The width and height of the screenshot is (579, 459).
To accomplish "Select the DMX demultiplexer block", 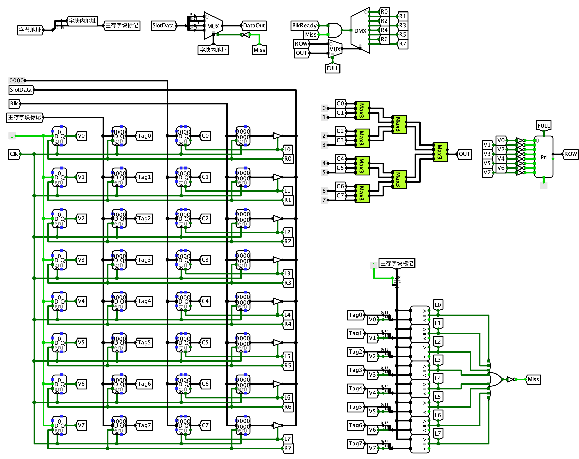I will [360, 30].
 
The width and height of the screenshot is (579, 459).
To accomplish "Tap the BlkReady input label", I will [304, 26].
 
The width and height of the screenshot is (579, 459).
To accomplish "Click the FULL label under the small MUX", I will [332, 68].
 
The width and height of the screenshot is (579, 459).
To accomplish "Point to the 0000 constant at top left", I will [16, 80].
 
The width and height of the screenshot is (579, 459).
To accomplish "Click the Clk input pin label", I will [14, 154].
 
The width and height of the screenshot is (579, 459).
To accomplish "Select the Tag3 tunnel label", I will [144, 260].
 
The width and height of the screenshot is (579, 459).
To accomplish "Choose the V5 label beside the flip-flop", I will [81, 343].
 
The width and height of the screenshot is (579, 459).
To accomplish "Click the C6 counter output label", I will [205, 384].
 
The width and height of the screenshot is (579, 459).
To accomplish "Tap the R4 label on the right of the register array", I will [287, 324].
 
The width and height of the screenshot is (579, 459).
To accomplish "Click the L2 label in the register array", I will [287, 232].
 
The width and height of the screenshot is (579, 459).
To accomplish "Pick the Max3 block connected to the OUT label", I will [440, 152].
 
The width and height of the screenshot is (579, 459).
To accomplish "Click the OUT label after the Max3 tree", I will [464, 154].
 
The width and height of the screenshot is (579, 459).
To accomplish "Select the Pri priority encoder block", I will [544, 157].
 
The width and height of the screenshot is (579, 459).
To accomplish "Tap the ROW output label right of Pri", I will [570, 154].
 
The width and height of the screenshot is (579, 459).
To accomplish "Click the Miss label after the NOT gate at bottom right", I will [533, 379].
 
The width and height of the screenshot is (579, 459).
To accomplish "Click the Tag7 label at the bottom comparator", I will [355, 444].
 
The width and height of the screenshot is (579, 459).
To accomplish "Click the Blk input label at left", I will [14, 104].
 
